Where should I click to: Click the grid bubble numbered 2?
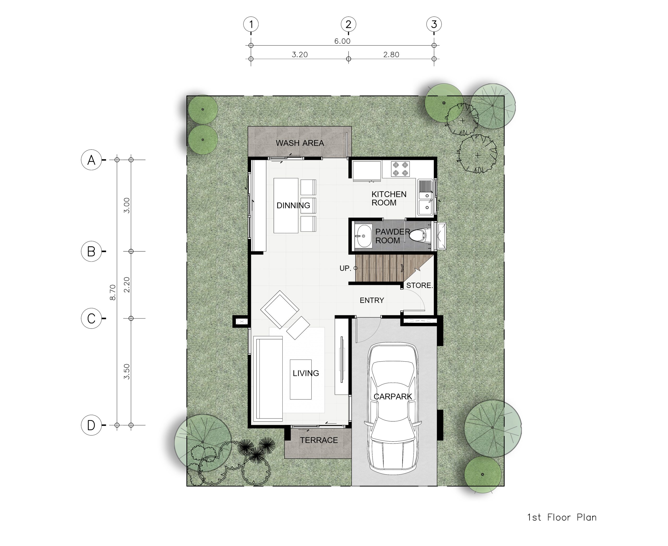[x=348, y=24]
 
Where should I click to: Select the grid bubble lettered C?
[x=91, y=318]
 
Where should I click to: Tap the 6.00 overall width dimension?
[x=342, y=41]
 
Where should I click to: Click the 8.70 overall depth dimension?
[x=113, y=292]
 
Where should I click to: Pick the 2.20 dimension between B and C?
[x=127, y=285]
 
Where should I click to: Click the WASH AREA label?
[x=300, y=143]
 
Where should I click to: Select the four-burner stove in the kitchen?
[x=401, y=169]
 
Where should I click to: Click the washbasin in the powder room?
[x=363, y=236]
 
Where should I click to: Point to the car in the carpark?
[x=393, y=408]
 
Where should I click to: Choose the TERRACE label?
[x=319, y=440]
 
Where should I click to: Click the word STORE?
[x=419, y=285]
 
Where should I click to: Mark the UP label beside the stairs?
[x=345, y=268]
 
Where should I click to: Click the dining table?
[x=286, y=206]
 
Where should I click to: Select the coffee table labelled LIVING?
[x=301, y=380]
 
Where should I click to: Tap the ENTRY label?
[x=372, y=300]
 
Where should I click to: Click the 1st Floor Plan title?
[x=562, y=517]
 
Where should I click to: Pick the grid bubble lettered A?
[x=91, y=160]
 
